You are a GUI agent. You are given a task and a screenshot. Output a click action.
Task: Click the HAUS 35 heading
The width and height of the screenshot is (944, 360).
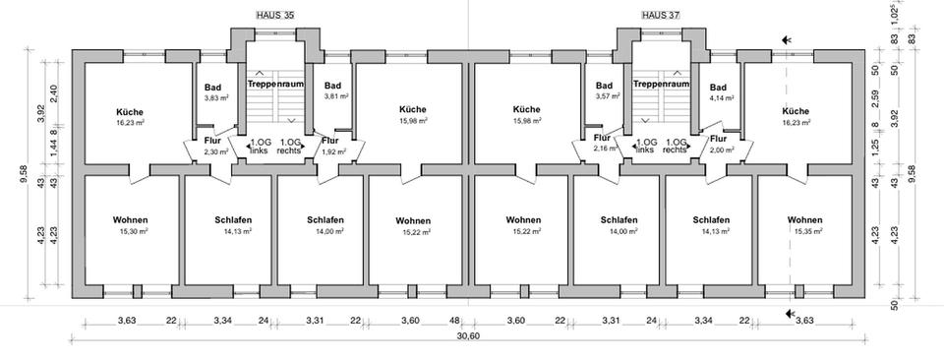(x=275, y=15)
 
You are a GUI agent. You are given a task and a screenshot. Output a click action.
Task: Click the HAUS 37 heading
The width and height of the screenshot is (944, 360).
(x=661, y=15)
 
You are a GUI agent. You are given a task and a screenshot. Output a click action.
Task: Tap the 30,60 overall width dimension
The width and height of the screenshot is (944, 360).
(x=468, y=336)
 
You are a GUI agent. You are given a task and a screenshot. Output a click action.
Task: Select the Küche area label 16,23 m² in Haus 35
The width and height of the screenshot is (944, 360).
(x=130, y=122)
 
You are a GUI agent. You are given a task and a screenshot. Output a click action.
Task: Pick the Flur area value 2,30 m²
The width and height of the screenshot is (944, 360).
(x=216, y=152)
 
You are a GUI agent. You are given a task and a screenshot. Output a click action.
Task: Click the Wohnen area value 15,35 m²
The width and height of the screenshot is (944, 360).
(x=805, y=230)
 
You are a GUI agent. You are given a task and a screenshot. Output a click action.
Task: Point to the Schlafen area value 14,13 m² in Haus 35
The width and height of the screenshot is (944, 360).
(x=238, y=230)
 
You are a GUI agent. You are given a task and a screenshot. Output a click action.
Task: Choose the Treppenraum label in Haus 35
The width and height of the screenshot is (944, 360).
(x=275, y=85)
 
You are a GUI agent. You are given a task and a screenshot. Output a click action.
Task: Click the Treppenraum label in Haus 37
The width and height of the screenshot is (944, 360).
(x=661, y=85)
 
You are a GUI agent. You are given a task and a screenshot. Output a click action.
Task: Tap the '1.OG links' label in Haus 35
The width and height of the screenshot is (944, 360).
(x=259, y=147)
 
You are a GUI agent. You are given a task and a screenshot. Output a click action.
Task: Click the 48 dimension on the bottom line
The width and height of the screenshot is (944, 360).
(x=454, y=320)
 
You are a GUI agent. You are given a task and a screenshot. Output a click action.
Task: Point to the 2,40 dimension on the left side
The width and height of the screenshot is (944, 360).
(x=53, y=92)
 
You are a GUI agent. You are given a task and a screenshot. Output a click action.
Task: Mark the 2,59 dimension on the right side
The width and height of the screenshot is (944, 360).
(x=876, y=96)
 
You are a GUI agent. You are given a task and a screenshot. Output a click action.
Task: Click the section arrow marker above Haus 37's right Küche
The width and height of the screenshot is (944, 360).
(x=787, y=40)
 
